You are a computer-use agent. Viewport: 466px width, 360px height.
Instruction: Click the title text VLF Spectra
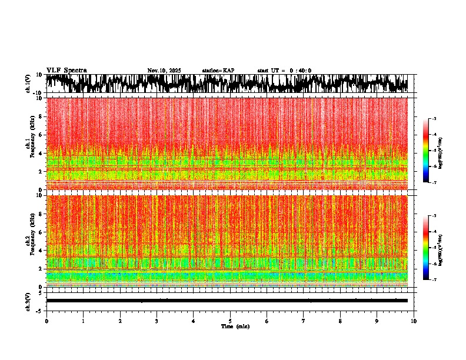pyautogui.click(x=66, y=71)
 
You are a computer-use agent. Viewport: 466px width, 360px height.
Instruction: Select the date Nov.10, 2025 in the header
pyautogui.click(x=164, y=71)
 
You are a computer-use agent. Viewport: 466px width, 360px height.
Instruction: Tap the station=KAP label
pyautogui.click(x=218, y=71)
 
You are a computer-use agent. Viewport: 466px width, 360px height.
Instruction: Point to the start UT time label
pyautogui.click(x=284, y=71)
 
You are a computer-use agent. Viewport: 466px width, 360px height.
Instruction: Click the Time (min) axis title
pyautogui.click(x=235, y=326)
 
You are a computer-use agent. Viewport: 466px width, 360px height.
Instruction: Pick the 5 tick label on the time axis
pyautogui.click(x=230, y=321)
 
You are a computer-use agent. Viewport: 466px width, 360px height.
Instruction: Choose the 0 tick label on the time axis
pyautogui.click(x=46, y=321)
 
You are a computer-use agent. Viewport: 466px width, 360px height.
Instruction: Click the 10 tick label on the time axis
pyautogui.click(x=414, y=321)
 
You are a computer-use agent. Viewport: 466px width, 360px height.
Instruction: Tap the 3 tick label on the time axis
pyautogui.click(x=157, y=321)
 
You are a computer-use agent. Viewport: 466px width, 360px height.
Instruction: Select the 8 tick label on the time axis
pyautogui.click(x=340, y=321)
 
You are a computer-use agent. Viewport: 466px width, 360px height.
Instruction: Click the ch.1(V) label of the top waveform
pyautogui.click(x=28, y=84)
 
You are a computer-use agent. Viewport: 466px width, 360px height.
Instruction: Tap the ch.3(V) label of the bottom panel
pyautogui.click(x=28, y=300)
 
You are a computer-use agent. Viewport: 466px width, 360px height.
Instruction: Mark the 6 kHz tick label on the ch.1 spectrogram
pyautogui.click(x=41, y=135)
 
